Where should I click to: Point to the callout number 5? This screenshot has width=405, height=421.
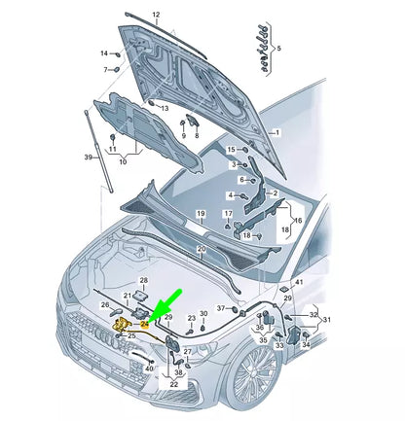(x=278, y=47)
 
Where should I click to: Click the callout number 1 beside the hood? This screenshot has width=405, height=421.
(x=276, y=131)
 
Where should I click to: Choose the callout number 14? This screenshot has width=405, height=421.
(x=105, y=70)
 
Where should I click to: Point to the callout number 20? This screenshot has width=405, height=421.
(x=200, y=250)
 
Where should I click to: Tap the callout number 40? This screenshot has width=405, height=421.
(x=149, y=368)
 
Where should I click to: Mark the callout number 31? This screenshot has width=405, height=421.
(x=326, y=319)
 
